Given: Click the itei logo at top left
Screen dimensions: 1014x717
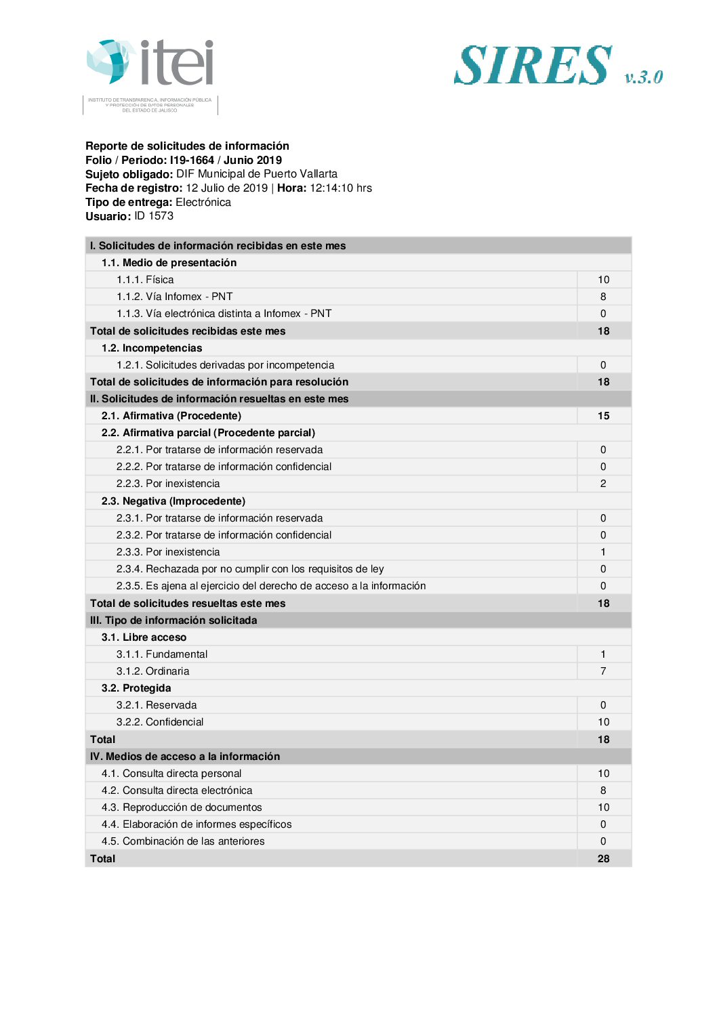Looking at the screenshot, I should click(150, 65).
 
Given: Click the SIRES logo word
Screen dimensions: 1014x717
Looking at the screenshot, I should click(533, 66).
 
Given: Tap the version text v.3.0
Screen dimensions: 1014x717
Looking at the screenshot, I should click(643, 77).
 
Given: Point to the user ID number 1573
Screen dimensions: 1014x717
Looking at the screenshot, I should click(161, 216).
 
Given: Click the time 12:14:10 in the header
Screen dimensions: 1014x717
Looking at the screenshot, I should click(332, 188).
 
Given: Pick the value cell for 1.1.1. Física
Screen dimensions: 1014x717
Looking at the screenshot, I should click(603, 280).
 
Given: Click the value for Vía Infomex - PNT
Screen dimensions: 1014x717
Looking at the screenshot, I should click(603, 297).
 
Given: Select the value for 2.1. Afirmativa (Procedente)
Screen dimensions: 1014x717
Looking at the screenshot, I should click(603, 416).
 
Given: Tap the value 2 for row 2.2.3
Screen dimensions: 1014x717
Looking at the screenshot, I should click(603, 484).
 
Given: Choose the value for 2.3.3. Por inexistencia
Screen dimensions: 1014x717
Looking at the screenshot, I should click(603, 552).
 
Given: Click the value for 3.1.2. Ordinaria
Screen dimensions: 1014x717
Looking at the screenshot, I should click(603, 671).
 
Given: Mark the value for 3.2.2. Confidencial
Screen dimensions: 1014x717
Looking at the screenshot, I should click(603, 722).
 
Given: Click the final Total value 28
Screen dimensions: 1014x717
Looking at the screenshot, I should click(603, 859).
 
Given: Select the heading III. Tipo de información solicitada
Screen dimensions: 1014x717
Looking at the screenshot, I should click(173, 620).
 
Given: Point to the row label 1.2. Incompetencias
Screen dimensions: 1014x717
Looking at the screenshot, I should click(152, 348).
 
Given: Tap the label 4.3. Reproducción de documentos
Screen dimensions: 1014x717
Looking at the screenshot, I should click(182, 807).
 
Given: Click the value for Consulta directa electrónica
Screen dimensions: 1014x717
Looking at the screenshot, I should click(603, 790).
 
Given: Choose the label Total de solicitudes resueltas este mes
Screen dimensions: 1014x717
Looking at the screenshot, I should click(188, 604).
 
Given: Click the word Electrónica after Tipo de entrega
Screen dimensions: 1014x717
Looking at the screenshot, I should click(203, 203).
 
